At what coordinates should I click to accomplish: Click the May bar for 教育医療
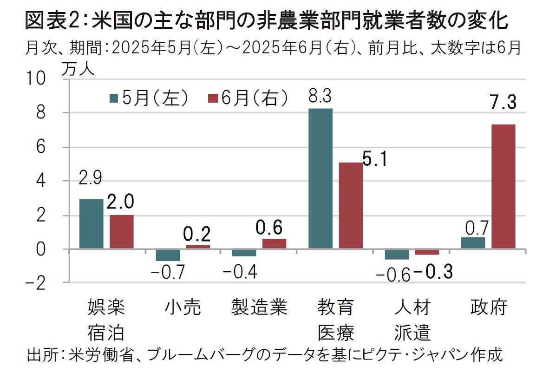click(320, 178)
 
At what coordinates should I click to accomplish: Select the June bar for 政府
click(503, 186)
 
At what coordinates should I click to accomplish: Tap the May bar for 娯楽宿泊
click(91, 223)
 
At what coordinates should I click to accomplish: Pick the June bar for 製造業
click(274, 243)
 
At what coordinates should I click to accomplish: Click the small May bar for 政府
click(473, 243)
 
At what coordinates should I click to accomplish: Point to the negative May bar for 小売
click(168, 255)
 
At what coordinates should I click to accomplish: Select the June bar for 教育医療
click(351, 205)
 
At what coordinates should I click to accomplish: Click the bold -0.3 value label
click(433, 272)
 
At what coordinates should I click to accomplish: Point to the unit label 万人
click(77, 69)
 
